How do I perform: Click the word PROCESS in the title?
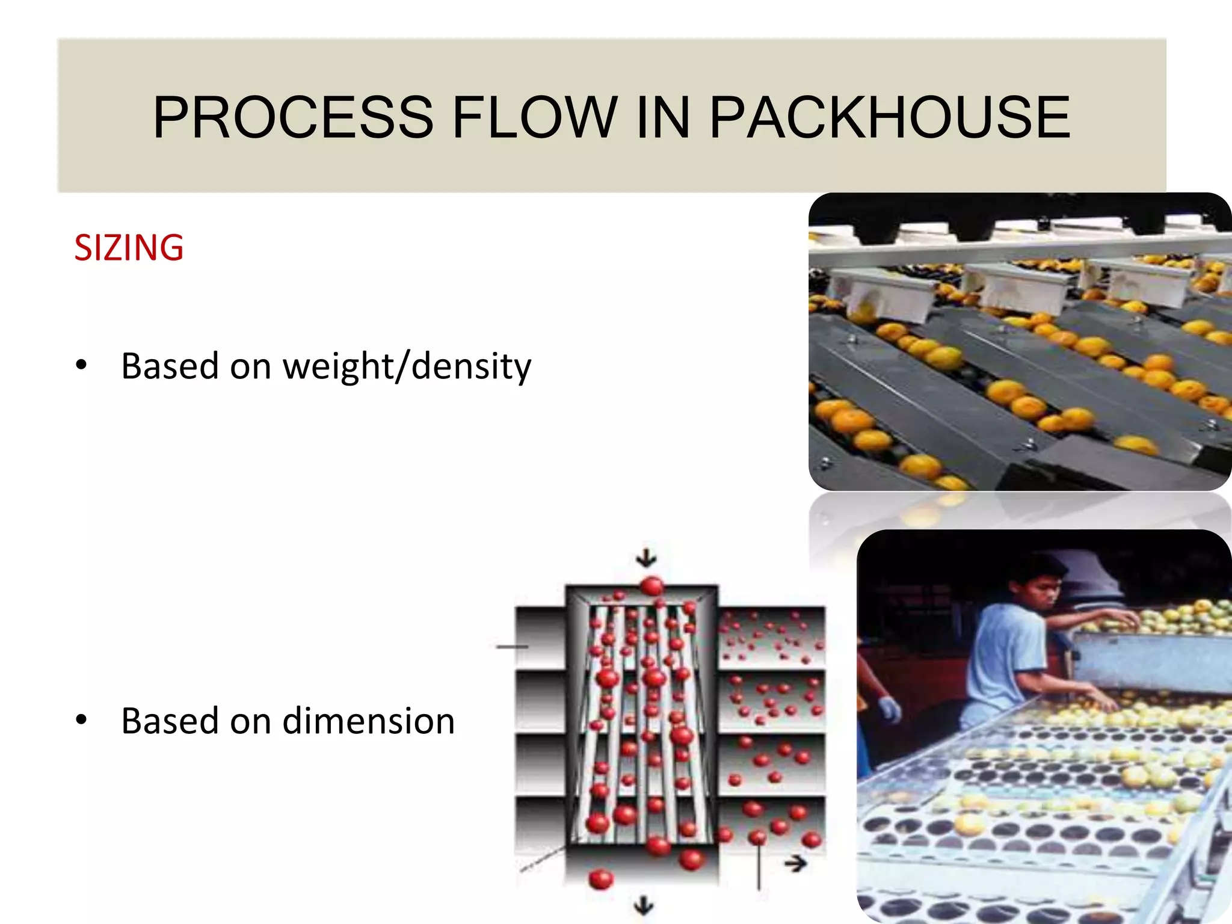pyautogui.click(x=293, y=117)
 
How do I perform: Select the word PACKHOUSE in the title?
pyautogui.click(x=890, y=117)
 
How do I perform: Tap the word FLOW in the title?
pyautogui.click(x=534, y=117)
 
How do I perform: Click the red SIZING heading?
pyautogui.click(x=129, y=248)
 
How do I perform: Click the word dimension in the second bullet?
pyautogui.click(x=368, y=721)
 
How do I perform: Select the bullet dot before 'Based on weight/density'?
pyautogui.click(x=81, y=365)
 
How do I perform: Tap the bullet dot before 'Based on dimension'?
pyautogui.click(x=81, y=719)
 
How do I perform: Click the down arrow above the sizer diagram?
pyautogui.click(x=646, y=558)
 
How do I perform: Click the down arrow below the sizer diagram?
pyautogui.click(x=644, y=905)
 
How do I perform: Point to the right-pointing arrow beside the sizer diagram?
pyautogui.click(x=796, y=864)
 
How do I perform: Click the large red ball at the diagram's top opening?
pyautogui.click(x=652, y=585)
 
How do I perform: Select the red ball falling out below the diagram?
pyautogui.click(x=600, y=879)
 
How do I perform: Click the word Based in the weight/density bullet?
pyautogui.click(x=170, y=366)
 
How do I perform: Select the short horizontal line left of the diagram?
pyautogui.click(x=511, y=647)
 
